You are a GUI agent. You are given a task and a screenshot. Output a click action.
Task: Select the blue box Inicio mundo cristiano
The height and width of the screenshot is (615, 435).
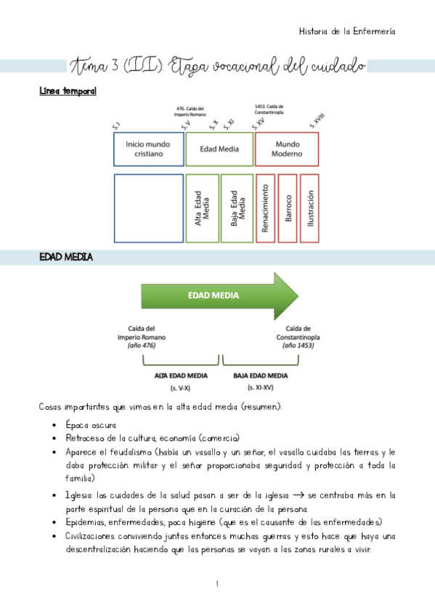click(149, 149)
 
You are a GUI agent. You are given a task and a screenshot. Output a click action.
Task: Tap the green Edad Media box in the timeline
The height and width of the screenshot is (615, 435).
click(219, 149)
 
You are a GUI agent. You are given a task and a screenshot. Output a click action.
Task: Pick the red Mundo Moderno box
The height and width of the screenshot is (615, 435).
click(287, 149)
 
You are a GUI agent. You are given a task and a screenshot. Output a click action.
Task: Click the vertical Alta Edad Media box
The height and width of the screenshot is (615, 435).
click(202, 207)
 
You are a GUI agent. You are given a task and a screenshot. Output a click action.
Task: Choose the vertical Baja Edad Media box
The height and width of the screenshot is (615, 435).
click(237, 207)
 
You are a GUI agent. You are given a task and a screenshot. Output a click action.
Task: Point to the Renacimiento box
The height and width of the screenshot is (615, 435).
click(266, 207)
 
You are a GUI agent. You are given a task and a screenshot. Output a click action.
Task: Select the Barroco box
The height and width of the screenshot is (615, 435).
click(288, 207)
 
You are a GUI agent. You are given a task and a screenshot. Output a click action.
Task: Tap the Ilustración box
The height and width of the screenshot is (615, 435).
click(309, 207)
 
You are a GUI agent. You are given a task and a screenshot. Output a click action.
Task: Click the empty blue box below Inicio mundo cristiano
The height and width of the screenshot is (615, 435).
click(148, 207)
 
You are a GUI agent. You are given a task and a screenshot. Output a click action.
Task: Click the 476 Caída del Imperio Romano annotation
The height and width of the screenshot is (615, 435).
click(190, 111)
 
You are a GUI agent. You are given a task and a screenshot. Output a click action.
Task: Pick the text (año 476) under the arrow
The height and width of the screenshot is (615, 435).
click(141, 346)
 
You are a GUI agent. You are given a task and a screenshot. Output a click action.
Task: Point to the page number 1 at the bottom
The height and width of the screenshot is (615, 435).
click(217, 583)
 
